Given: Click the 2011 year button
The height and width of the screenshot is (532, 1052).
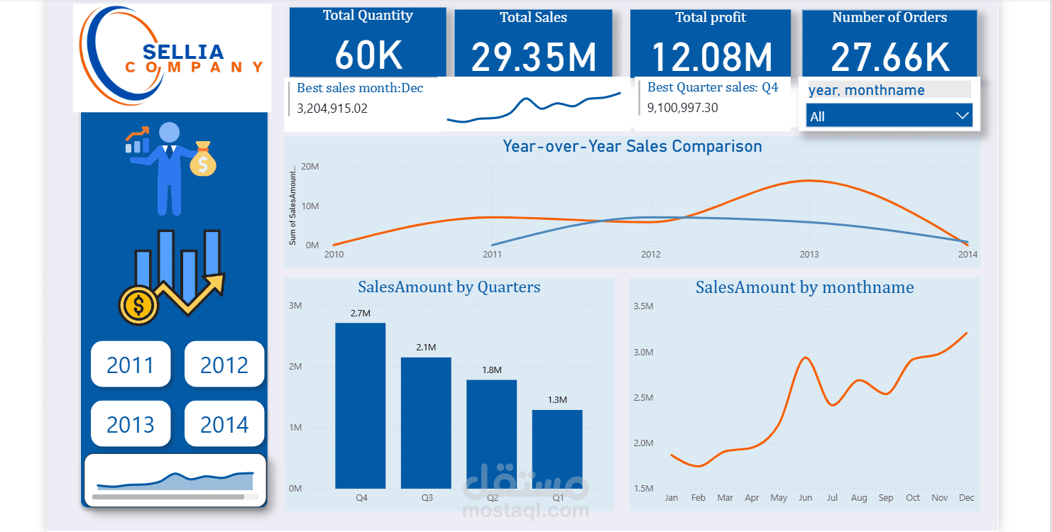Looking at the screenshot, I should point(131,365).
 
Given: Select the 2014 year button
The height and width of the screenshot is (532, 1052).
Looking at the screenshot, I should point(224,424).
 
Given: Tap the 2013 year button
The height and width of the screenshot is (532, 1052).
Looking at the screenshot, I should point(131,424).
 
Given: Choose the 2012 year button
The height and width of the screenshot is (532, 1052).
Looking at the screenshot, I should point(224,365).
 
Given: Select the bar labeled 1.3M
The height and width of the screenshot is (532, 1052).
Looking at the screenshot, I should point(557,449).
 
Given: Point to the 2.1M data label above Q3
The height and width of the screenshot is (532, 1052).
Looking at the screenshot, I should point(426,348).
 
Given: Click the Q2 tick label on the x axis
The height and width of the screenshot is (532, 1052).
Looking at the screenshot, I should point(492,498).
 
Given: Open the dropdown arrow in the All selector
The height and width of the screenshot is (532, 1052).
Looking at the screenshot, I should point(962,116).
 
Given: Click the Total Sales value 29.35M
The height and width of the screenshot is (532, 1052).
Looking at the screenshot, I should point(534,57).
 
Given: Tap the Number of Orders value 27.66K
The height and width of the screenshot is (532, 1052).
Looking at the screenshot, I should point(890,57).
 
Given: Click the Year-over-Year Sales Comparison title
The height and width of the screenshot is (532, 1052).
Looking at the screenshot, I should point(632,146).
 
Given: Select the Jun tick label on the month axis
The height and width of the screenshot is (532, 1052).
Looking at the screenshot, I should point(805,498).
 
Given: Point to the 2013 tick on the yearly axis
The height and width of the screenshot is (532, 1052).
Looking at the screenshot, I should point(809,254).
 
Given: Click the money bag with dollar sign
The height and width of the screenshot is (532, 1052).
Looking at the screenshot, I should point(203,160).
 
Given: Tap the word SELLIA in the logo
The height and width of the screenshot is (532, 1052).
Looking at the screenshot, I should point(183,52).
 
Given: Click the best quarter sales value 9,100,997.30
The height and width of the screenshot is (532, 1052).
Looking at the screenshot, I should point(682,108).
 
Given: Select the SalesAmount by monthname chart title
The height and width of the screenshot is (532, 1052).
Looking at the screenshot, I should point(804,287).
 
